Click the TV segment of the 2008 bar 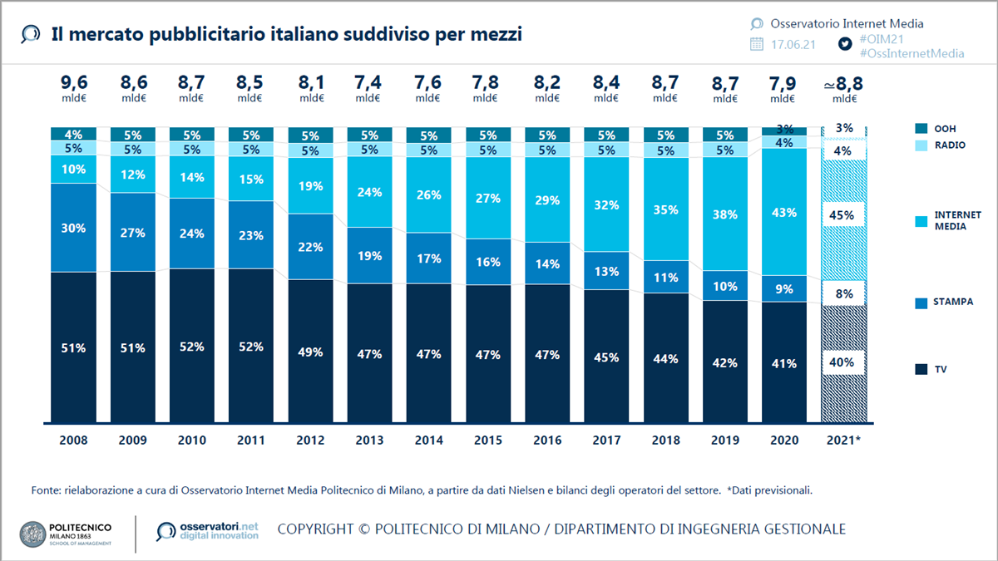tap(73, 348)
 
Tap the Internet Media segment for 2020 tap(784, 213)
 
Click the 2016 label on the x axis tap(547, 440)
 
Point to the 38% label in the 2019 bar tap(724, 214)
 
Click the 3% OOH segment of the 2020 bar tap(784, 130)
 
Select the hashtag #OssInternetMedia tap(912, 53)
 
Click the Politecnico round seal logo tap(32, 533)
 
